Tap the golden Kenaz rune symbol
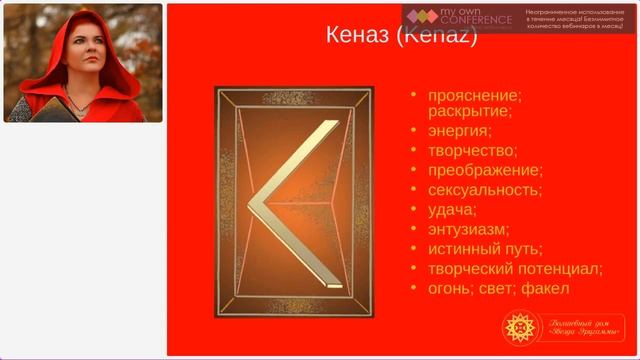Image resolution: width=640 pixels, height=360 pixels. pyautogui.click(x=291, y=200)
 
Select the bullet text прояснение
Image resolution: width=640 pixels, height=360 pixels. pyautogui.click(x=474, y=95)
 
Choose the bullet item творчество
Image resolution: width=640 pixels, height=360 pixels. pyautogui.click(x=471, y=150)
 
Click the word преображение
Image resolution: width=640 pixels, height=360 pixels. pyautogui.click(x=484, y=170)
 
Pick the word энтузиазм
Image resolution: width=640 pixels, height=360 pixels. pyautogui.click(x=467, y=229)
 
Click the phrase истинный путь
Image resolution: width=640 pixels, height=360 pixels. pyautogui.click(x=484, y=249)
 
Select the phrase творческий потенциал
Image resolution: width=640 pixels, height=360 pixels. pyautogui.click(x=514, y=269)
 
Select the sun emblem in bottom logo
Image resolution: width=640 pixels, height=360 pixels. pyautogui.click(x=521, y=328)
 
